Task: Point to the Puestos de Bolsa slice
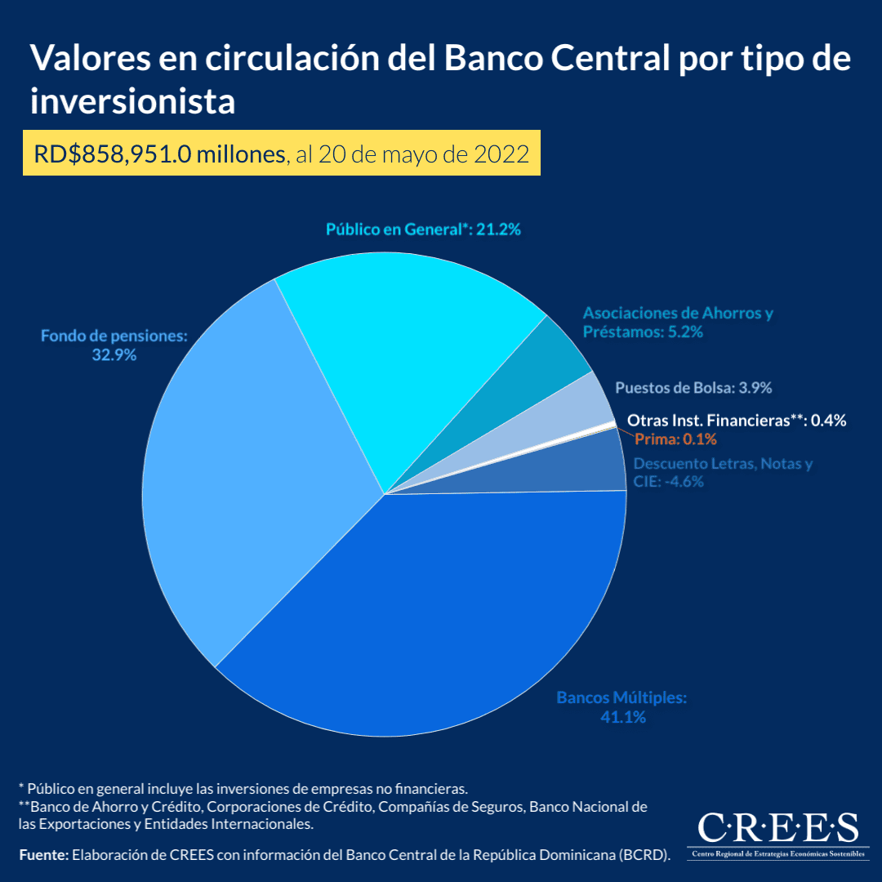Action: click(572, 416)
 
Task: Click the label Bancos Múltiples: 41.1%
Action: click(622, 707)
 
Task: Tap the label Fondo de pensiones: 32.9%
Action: click(114, 345)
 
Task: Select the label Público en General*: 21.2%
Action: click(423, 229)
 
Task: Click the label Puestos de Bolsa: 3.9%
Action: click(693, 387)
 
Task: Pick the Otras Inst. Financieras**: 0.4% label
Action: click(736, 421)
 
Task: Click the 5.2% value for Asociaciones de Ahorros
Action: click(684, 332)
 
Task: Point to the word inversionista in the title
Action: click(132, 102)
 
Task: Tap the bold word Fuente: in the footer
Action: click(44, 855)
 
